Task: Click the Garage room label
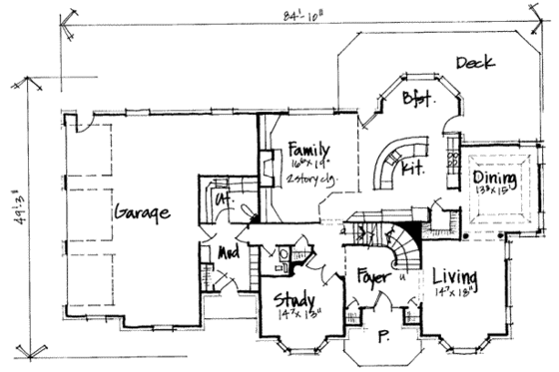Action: pyautogui.click(x=141, y=212)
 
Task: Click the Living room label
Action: pyautogui.click(x=455, y=275)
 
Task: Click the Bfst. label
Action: pyautogui.click(x=417, y=100)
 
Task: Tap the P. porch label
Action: pyautogui.click(x=380, y=337)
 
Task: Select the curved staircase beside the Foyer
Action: pyautogui.click(x=403, y=245)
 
